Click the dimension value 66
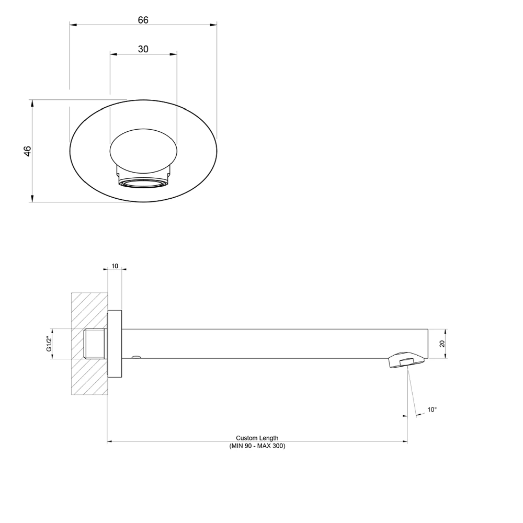[x=143, y=20]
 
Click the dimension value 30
[x=143, y=49]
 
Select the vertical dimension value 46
[x=27, y=151]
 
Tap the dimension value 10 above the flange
[x=115, y=266]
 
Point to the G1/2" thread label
[x=49, y=344]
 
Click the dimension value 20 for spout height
[x=442, y=344]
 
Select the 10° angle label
[x=432, y=410]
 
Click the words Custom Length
[x=257, y=438]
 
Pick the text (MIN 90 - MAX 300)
[x=257, y=446]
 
